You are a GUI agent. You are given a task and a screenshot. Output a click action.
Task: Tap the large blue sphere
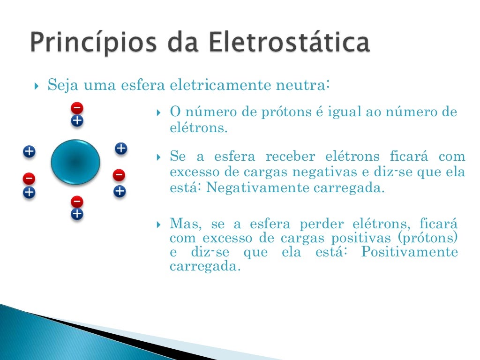point(75,162)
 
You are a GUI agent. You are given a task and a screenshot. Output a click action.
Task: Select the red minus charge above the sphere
point(77,108)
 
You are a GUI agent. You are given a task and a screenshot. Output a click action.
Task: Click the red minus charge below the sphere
point(77,202)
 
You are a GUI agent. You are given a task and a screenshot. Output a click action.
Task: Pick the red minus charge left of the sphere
point(29,178)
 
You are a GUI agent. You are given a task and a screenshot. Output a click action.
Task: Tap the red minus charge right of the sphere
point(119,175)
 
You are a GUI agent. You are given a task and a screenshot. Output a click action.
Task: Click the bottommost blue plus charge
point(77,215)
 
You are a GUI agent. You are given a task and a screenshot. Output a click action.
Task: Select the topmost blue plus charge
point(77,121)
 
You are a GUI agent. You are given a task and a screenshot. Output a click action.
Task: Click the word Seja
point(62,86)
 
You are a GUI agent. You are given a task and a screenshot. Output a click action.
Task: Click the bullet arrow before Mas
point(159,225)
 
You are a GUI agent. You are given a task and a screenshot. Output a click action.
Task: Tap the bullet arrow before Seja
point(37,87)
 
